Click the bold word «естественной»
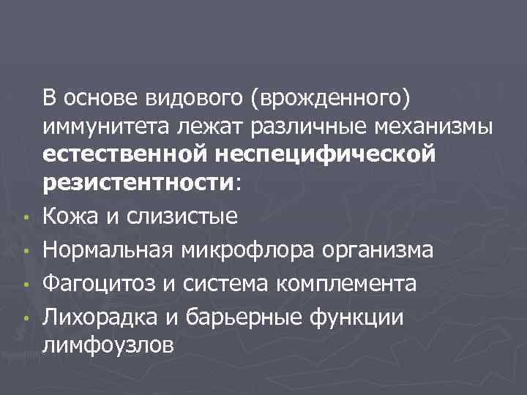click(x=121, y=155)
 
